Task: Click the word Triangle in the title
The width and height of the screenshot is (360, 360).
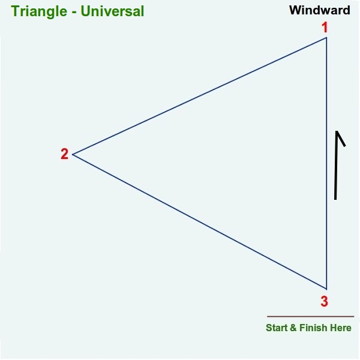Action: (x=39, y=11)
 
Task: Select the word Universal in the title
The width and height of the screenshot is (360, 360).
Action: (x=112, y=11)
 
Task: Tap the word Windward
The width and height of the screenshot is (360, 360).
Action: (x=320, y=10)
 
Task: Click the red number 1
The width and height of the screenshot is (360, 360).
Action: (x=325, y=28)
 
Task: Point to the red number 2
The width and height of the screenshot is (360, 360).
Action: (x=65, y=154)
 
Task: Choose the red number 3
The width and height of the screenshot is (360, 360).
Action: (x=324, y=301)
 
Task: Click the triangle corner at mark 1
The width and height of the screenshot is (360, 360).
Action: (x=326, y=37)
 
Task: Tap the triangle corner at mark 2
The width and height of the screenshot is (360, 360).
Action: (x=73, y=155)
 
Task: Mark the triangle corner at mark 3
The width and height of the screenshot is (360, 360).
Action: (x=326, y=289)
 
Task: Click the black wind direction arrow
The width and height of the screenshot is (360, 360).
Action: (x=336, y=166)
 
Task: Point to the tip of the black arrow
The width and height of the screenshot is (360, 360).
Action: (x=337, y=131)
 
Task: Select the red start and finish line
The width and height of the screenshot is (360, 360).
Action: (x=310, y=316)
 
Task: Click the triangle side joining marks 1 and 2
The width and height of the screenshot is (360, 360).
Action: (x=200, y=96)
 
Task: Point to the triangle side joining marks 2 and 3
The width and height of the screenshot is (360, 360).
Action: (x=200, y=222)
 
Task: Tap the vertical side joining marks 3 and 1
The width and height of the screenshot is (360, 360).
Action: (x=326, y=163)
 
